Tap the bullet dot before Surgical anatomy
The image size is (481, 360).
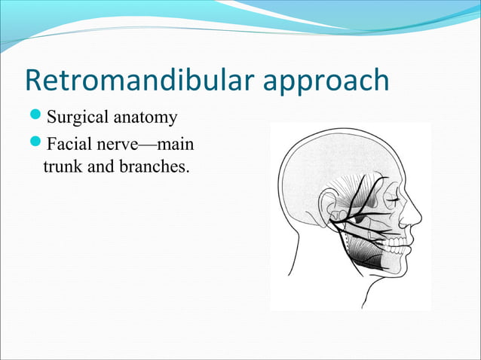[x=38, y=117]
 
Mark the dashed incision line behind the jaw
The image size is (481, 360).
[x=344, y=241]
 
